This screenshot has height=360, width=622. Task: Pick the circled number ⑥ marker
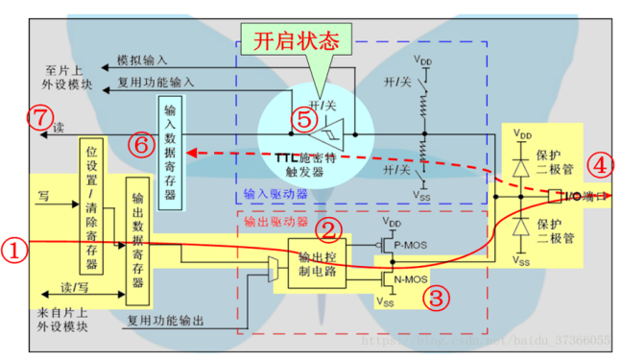140,144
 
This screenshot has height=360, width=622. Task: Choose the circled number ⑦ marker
36,119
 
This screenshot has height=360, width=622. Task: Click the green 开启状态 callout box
298,40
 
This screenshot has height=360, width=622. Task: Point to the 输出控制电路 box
316,261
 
